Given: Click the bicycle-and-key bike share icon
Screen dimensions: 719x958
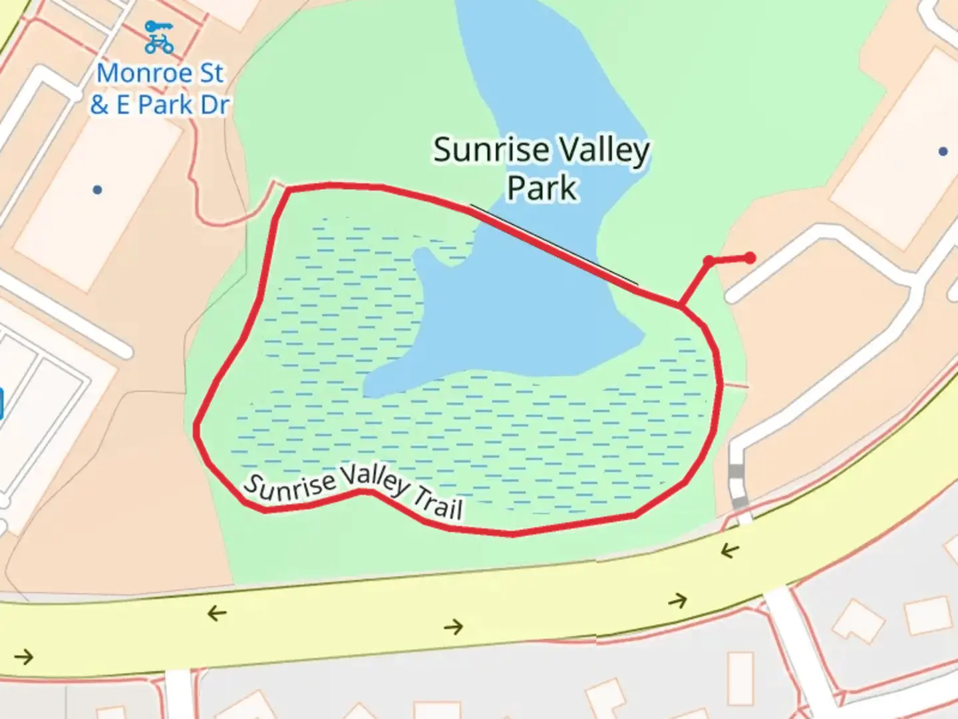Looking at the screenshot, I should (x=159, y=37).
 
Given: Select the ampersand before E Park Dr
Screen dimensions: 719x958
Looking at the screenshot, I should (x=99, y=105).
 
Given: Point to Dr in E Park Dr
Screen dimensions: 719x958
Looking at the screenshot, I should (x=214, y=105).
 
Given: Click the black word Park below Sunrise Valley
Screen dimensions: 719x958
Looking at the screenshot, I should (x=542, y=188).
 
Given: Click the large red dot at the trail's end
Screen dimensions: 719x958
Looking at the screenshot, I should (x=750, y=258).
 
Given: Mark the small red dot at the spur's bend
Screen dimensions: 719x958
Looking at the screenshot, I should (x=709, y=260).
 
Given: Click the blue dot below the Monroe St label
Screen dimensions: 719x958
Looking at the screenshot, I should (x=97, y=190).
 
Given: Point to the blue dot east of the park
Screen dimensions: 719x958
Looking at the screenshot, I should (x=943, y=152).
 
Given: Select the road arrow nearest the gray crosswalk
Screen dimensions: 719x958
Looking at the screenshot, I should (x=730, y=551).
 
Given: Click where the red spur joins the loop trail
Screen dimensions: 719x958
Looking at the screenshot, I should (x=680, y=307).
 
